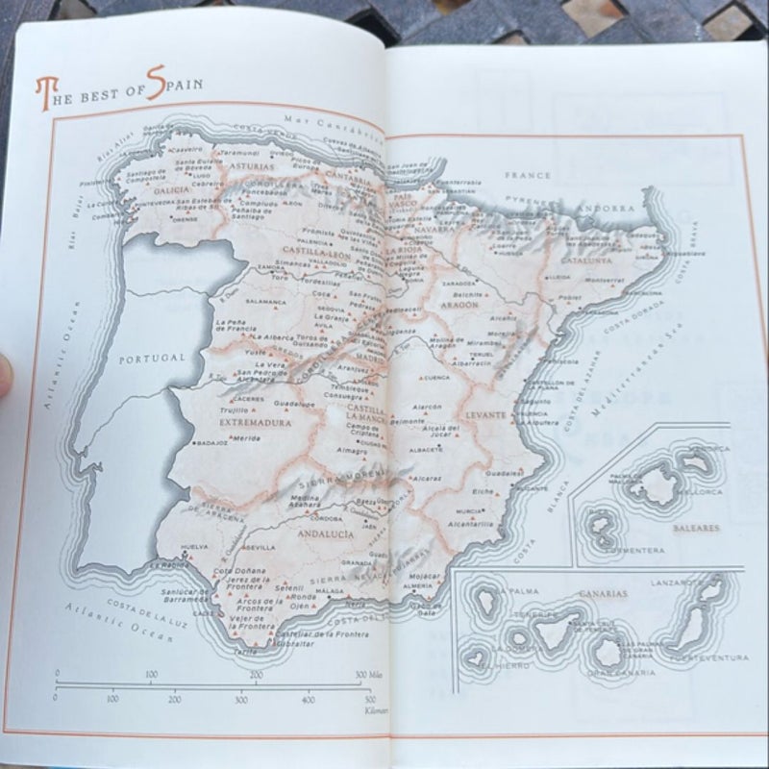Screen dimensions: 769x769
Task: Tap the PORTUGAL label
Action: tap(151, 357)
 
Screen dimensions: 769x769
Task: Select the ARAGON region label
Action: tap(461, 303)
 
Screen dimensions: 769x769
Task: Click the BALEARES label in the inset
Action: tap(658, 528)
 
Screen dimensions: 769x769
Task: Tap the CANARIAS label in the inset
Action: tap(603, 593)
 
